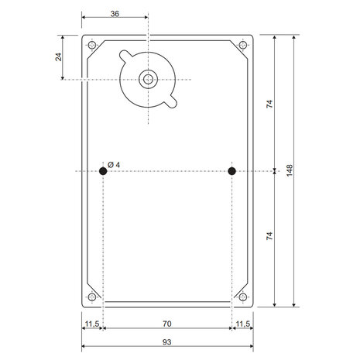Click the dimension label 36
pyautogui.click(x=115, y=14)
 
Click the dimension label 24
pyautogui.click(x=59, y=57)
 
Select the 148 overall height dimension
pyautogui.click(x=290, y=170)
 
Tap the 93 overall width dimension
pyautogui.click(x=167, y=342)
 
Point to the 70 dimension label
pyautogui.click(x=167, y=324)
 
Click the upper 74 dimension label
pyautogui.click(x=269, y=104)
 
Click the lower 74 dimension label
pyautogui.click(x=269, y=236)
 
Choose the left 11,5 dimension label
pyautogui.click(x=92, y=324)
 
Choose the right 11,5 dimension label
pyautogui.click(x=243, y=324)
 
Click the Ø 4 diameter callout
pyautogui.click(x=114, y=165)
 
